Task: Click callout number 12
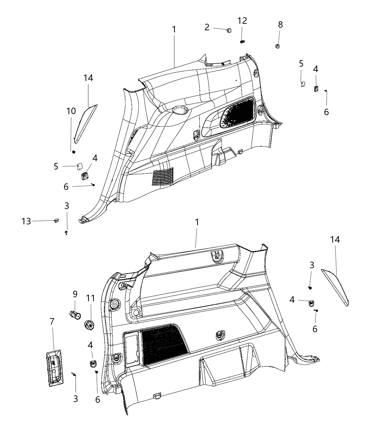click(242, 21)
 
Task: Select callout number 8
click(280, 25)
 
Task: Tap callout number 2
click(207, 27)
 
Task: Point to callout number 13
click(26, 221)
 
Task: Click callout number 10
click(71, 111)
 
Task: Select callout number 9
click(75, 294)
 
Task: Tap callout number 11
click(90, 298)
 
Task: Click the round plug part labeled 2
click(229, 30)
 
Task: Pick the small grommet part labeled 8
click(277, 46)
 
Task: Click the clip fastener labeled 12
click(242, 41)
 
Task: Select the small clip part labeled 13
click(56, 220)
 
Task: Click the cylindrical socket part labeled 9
click(75, 314)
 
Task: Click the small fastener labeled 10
click(74, 152)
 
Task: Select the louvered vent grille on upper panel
click(163, 176)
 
